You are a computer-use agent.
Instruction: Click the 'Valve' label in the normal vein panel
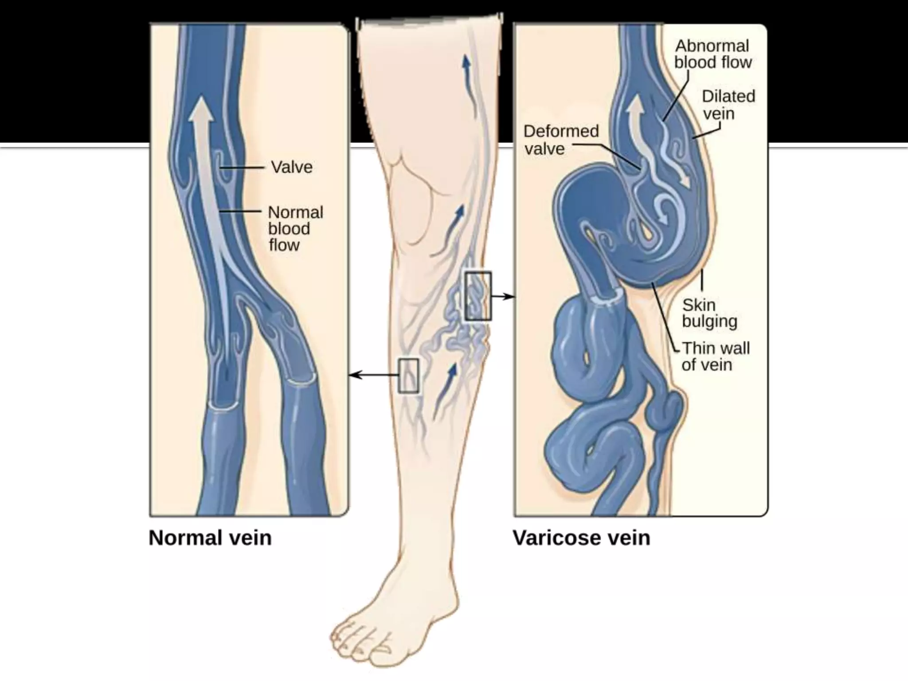(x=291, y=167)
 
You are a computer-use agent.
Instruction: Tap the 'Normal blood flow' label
(x=295, y=228)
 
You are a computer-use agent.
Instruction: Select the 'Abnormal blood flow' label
(x=712, y=54)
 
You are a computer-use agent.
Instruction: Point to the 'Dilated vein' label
(x=728, y=105)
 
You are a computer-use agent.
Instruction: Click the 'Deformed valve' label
(x=560, y=140)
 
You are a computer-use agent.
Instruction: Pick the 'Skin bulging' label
(x=709, y=313)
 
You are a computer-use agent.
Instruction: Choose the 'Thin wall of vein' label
(x=715, y=356)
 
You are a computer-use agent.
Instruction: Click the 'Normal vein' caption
(x=210, y=538)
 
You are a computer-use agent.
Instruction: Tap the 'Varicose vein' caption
(x=581, y=538)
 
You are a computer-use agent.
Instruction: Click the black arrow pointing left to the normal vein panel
(x=372, y=376)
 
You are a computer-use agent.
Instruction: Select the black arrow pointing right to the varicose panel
(x=503, y=296)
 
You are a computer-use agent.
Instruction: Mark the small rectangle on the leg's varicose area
(x=478, y=296)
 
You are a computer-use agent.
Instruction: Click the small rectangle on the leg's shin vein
(x=408, y=376)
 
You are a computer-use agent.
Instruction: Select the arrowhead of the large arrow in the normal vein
(x=200, y=109)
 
